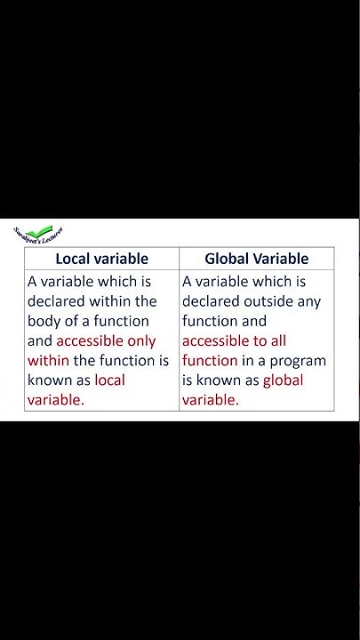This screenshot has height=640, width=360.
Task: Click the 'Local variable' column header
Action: [x=101, y=260]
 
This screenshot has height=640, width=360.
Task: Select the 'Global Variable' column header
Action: [x=256, y=260]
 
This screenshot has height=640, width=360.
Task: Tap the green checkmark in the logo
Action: [x=40, y=233]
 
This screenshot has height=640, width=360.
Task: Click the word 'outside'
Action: [x=269, y=301]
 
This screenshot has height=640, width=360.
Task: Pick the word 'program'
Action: [x=299, y=360]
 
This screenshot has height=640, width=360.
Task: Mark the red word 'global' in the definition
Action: [x=283, y=380]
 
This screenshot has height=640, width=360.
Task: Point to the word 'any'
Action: [x=309, y=301]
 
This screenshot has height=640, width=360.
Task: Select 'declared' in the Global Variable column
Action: [x=211, y=301]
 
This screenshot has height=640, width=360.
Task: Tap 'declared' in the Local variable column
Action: [x=56, y=301]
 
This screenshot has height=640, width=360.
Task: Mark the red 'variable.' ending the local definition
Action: [x=56, y=399]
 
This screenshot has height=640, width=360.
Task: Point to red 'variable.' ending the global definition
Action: [x=211, y=399]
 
